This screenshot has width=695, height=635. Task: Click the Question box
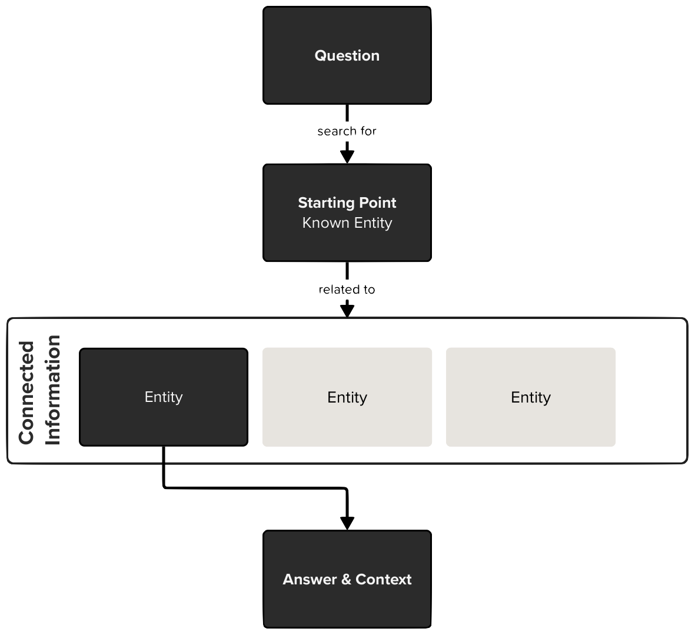click(x=347, y=55)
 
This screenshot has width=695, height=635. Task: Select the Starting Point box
click(x=347, y=212)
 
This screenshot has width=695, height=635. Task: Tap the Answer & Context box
click(x=347, y=579)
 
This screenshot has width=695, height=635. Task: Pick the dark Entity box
click(x=164, y=397)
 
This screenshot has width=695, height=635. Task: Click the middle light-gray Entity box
click(x=347, y=397)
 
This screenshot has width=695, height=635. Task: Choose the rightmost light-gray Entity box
click(x=531, y=397)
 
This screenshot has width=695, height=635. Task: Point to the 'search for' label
click(x=347, y=131)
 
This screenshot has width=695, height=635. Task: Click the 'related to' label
click(x=347, y=290)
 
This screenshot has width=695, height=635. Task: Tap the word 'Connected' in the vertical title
click(x=26, y=393)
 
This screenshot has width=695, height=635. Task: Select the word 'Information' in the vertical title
click(x=53, y=390)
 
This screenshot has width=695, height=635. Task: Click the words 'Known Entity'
click(x=347, y=223)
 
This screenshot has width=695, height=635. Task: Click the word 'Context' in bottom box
click(x=384, y=579)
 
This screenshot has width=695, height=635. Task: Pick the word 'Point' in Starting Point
click(x=378, y=203)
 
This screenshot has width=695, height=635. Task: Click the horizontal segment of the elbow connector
click(x=255, y=488)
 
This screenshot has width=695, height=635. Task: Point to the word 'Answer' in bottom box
click(x=310, y=579)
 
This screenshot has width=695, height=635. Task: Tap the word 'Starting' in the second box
click(x=326, y=203)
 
